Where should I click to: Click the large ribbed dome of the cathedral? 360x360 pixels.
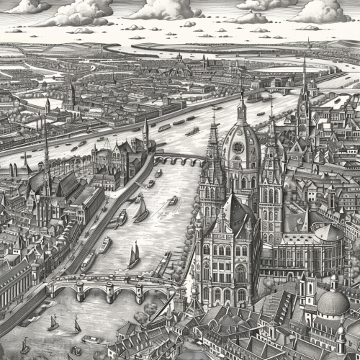click(x=240, y=144)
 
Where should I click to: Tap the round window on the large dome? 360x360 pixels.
click(x=238, y=148)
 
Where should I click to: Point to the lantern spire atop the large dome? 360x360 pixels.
click(x=242, y=108)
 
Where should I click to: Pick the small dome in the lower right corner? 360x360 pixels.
click(x=333, y=302)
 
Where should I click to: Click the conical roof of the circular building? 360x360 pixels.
click(x=328, y=232)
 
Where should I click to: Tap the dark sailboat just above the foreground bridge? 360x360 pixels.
click(x=134, y=255)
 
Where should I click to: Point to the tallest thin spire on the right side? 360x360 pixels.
click(x=304, y=94)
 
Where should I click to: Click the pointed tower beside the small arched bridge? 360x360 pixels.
click(x=145, y=135)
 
